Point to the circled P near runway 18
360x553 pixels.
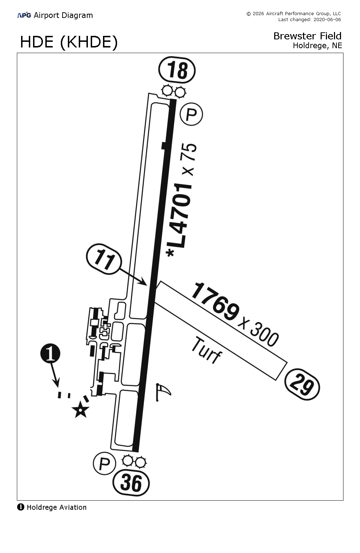click(191, 114)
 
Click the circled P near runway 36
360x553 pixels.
click(104, 464)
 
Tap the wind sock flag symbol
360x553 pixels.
click(163, 391)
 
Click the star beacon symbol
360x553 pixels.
click(81, 410)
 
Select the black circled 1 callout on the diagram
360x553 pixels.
click(50, 354)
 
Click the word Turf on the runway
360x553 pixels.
click(206, 351)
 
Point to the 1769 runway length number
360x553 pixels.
click(215, 301)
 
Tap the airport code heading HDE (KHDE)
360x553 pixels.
click(69, 42)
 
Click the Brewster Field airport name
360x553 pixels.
click(307, 36)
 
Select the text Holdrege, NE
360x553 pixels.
click(317, 45)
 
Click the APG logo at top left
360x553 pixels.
click(24, 15)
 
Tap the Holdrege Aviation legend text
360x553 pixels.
click(56, 507)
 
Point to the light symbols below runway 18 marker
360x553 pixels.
click(174, 92)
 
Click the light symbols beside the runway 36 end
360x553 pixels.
click(134, 461)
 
